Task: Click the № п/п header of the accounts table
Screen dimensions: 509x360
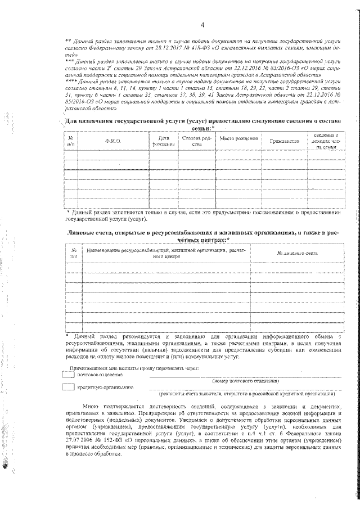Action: [x=73, y=253]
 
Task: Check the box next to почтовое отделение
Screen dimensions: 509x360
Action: [x=68, y=374]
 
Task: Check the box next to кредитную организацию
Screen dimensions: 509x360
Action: [x=68, y=387]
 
